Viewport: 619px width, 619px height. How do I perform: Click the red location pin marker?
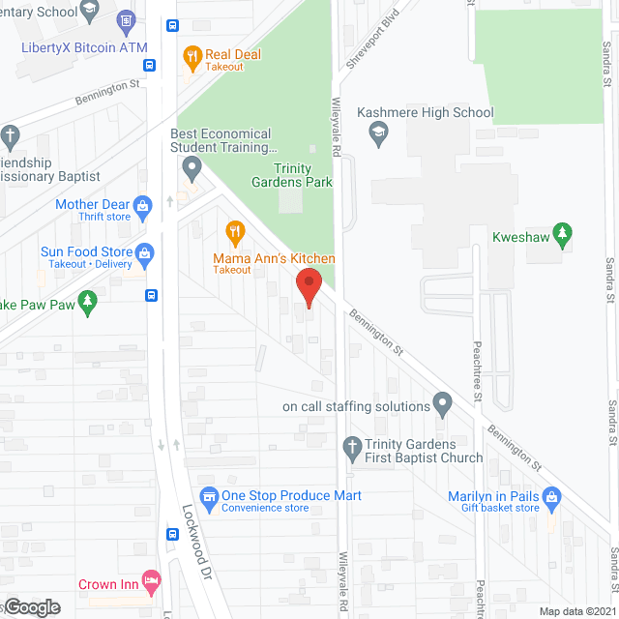(x=308, y=287)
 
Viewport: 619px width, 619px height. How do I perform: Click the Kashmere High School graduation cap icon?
(x=379, y=135)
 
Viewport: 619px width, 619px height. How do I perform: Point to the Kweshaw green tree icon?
(x=563, y=233)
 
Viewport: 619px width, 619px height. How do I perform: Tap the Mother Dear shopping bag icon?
(x=143, y=205)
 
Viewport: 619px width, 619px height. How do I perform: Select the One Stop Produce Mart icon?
(x=207, y=495)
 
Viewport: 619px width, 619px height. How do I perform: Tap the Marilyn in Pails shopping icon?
(x=552, y=498)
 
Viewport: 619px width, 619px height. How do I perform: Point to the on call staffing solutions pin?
(x=442, y=402)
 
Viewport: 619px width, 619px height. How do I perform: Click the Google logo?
(x=32, y=606)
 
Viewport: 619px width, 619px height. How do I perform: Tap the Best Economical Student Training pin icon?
(x=192, y=170)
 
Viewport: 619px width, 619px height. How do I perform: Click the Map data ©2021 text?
(x=576, y=611)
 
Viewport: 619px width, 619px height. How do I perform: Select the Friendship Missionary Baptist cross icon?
(x=10, y=134)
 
